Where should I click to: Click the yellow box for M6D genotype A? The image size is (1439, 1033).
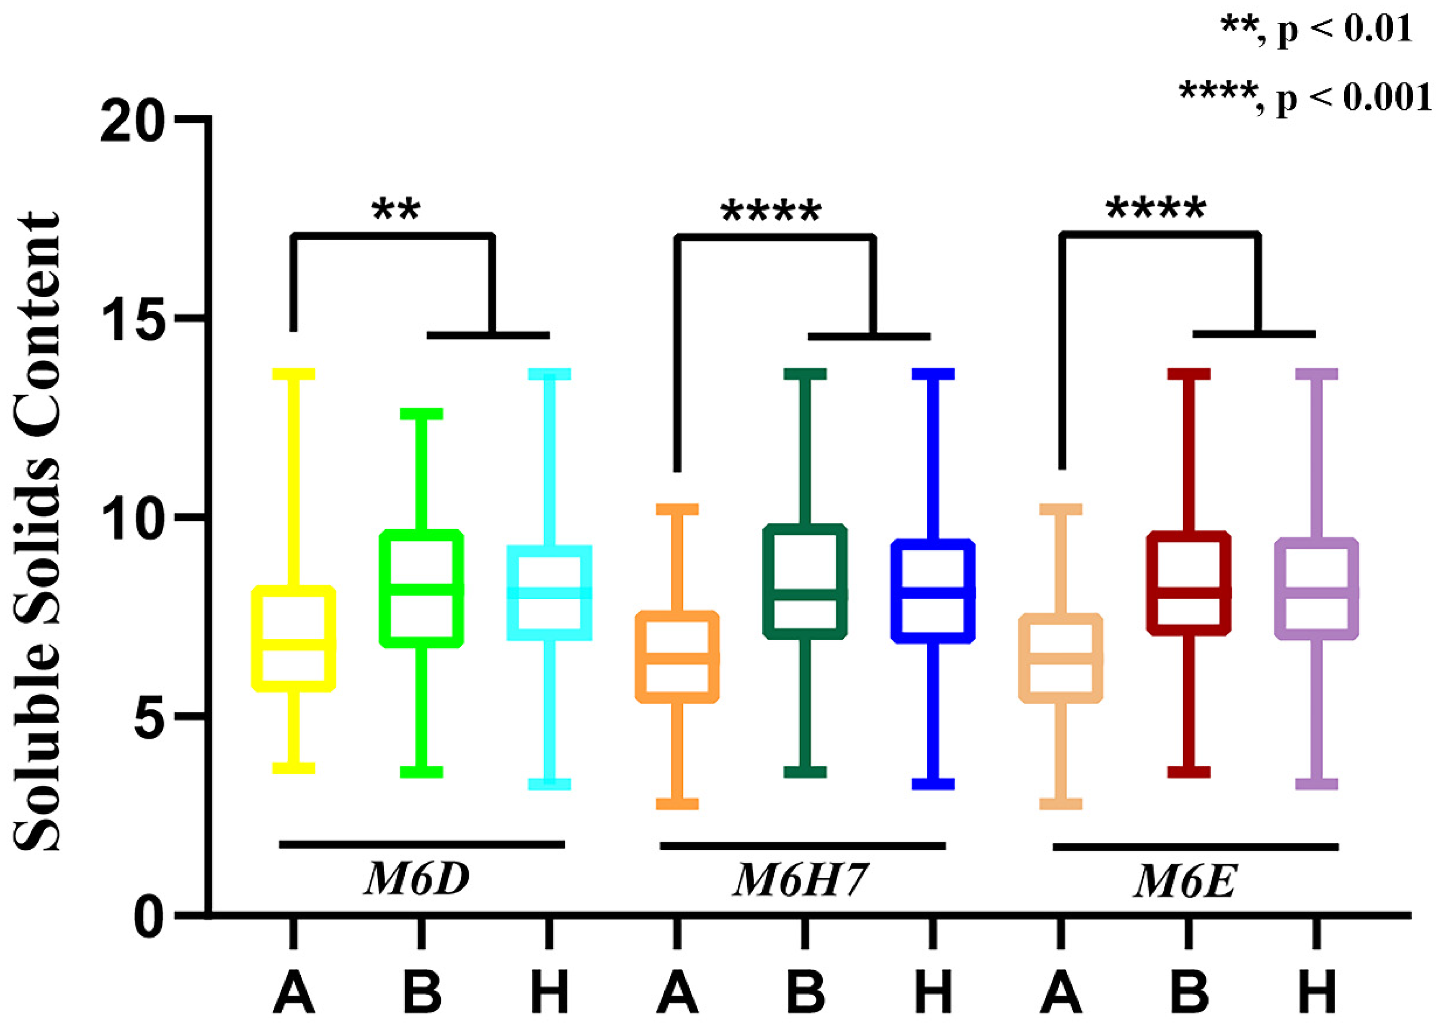294,638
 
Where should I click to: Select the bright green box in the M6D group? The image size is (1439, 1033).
421,588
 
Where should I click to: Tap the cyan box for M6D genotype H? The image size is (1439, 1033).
550,593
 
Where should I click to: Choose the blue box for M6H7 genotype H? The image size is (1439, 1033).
933,591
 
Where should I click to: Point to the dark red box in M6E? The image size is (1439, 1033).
1188,583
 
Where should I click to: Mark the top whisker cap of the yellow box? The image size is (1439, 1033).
294,374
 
